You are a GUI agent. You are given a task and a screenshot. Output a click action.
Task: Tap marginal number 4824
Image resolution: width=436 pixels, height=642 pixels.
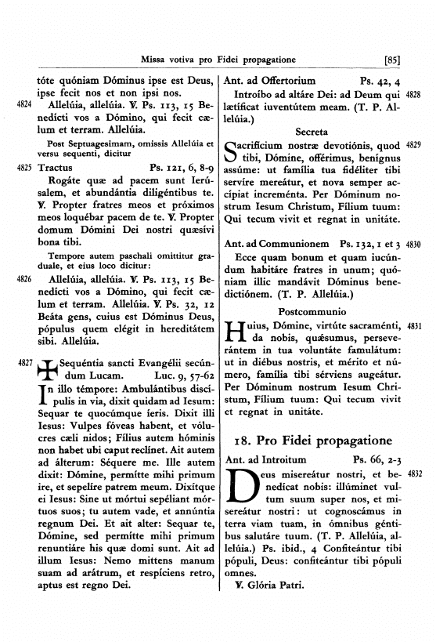(23, 103)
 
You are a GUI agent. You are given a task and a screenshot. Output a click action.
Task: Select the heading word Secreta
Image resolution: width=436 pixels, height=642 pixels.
(312, 130)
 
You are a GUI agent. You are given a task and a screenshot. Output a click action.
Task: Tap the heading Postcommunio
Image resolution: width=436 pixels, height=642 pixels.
(312, 310)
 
